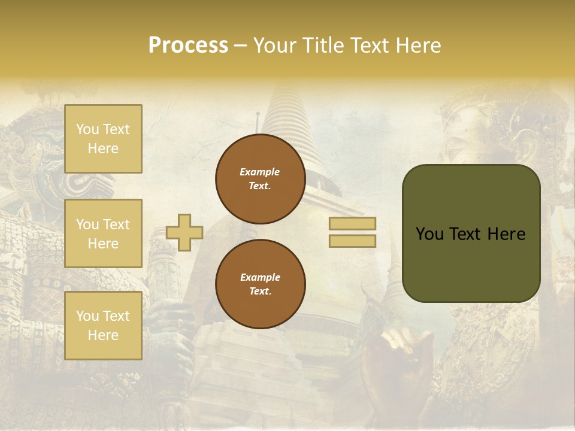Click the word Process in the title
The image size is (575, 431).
click(188, 45)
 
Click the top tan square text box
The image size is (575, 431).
click(103, 139)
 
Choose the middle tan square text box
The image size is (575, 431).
click(103, 233)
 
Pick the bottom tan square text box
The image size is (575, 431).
click(103, 326)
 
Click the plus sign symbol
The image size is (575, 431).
click(184, 232)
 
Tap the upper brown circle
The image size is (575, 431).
click(261, 179)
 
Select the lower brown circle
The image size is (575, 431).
click(261, 284)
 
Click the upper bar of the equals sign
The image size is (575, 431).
click(352, 224)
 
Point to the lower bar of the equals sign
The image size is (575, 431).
click(352, 241)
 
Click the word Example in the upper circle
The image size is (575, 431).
click(259, 172)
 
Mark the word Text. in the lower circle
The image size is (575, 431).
click(260, 292)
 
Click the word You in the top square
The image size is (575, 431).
click(87, 129)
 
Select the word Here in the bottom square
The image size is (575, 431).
click(103, 336)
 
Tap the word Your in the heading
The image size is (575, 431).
click(274, 45)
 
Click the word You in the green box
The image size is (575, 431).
click(429, 234)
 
